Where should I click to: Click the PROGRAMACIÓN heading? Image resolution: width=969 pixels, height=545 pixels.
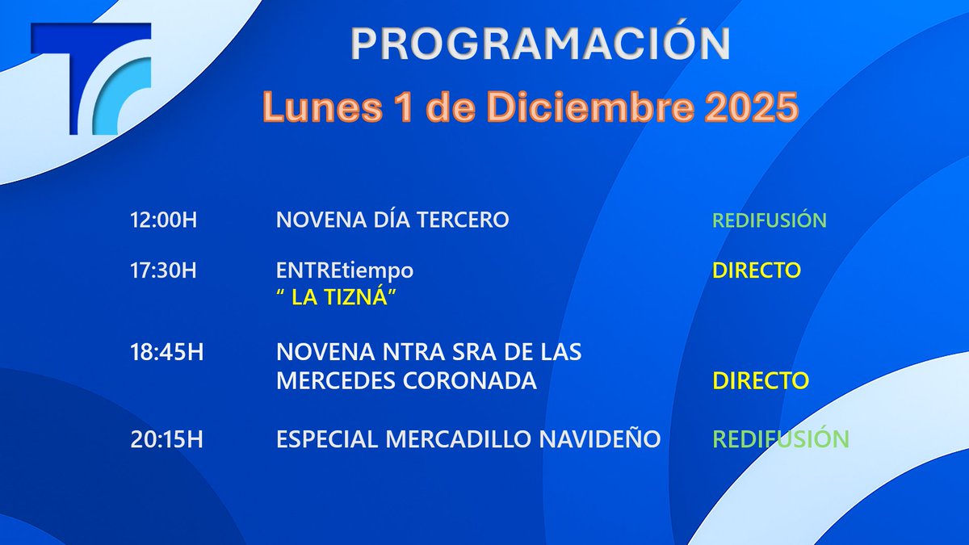point(540,44)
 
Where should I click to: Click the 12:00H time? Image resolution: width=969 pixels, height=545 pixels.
point(163,220)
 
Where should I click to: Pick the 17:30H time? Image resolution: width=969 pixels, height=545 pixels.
point(163,270)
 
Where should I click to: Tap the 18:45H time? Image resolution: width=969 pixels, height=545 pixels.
point(163,353)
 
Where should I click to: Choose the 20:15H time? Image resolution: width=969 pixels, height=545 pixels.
point(163,439)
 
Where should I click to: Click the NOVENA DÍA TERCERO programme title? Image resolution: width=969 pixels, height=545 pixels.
point(392,220)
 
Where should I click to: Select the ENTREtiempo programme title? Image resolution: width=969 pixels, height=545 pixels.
point(345,270)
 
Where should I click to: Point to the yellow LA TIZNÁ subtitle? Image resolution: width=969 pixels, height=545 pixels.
point(339,299)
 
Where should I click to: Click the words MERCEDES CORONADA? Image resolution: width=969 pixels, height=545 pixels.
point(406,380)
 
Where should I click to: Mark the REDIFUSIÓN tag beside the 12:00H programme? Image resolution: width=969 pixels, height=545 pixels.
point(769,220)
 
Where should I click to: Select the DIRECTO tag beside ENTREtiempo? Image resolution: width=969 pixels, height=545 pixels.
point(756,270)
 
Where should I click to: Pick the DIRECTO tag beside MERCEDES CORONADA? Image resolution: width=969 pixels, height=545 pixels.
point(760,380)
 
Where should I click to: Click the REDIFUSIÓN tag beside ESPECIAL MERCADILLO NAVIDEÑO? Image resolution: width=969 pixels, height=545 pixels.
point(780,439)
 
